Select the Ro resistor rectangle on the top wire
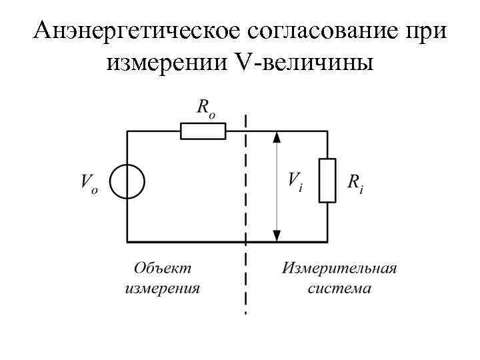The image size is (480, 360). coord(203,131)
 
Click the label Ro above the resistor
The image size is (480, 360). coord(205,107)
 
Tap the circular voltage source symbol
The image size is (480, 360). coord(127,181)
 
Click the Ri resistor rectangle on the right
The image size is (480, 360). coord(327,180)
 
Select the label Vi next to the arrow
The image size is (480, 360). coord(294,181)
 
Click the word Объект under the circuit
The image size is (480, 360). coord(162,268)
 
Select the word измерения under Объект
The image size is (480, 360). coord(162,289)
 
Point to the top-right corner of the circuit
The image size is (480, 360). coord(327,131)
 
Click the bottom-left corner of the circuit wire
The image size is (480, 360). coord(127,241)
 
